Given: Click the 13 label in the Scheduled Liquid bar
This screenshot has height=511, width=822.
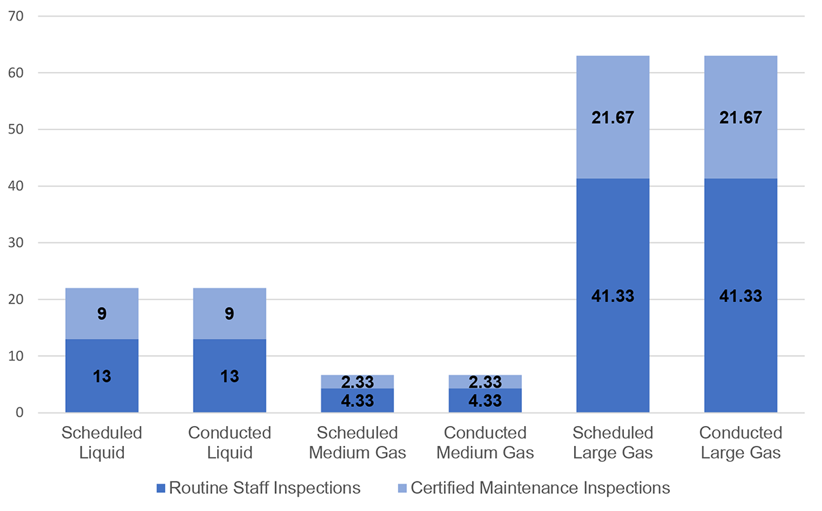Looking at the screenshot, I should (102, 376).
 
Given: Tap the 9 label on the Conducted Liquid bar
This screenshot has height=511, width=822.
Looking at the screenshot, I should (229, 314).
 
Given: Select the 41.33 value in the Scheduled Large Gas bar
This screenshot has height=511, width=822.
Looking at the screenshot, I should (613, 297).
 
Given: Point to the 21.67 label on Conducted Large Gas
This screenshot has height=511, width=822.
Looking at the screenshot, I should (740, 118).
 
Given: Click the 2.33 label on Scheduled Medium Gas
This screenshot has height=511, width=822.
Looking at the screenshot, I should (358, 382).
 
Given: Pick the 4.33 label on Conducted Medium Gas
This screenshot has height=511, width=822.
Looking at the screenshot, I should (485, 401).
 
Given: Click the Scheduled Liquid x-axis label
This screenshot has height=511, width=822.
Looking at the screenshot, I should (102, 443).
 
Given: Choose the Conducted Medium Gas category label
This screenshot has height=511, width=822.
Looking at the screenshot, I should (485, 443).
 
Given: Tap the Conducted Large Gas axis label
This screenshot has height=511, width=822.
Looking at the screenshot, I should (740, 443).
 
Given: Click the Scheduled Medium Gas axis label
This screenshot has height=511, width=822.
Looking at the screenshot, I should (358, 443).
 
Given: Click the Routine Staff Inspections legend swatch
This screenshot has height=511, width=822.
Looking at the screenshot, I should (161, 488).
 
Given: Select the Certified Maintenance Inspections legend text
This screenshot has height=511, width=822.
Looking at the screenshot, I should (540, 488).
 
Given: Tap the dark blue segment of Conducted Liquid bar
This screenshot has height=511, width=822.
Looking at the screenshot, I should (229, 394).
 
